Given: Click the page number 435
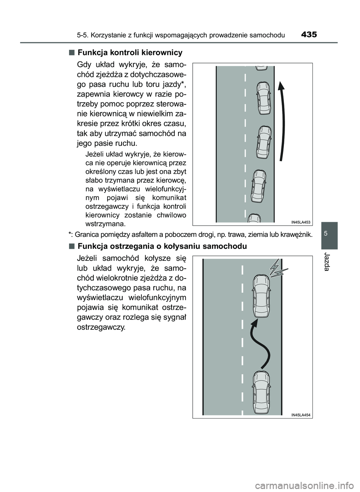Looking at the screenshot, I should [x=309, y=35].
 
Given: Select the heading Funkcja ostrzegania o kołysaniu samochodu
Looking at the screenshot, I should [x=162, y=247].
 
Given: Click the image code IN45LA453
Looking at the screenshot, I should [x=301, y=222].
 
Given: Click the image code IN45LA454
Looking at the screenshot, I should [x=301, y=415].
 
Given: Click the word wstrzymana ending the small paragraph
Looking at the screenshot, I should [x=106, y=224].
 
